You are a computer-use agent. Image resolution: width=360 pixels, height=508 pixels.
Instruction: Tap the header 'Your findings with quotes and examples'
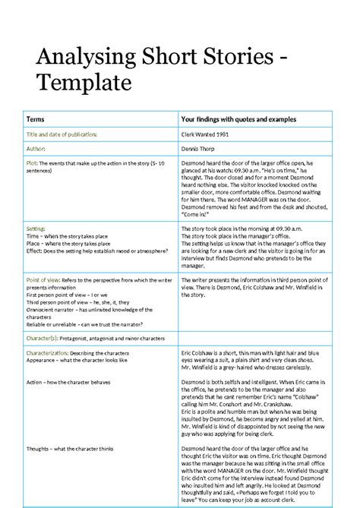[238, 119]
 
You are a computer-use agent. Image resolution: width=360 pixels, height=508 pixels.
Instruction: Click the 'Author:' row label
[36, 149]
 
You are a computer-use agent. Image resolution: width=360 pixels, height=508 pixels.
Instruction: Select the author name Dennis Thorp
[200, 149]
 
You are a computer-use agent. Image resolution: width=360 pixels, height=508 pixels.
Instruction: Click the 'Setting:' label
[36, 228]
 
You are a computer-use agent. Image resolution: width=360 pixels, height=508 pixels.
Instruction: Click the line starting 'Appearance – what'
[77, 360]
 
